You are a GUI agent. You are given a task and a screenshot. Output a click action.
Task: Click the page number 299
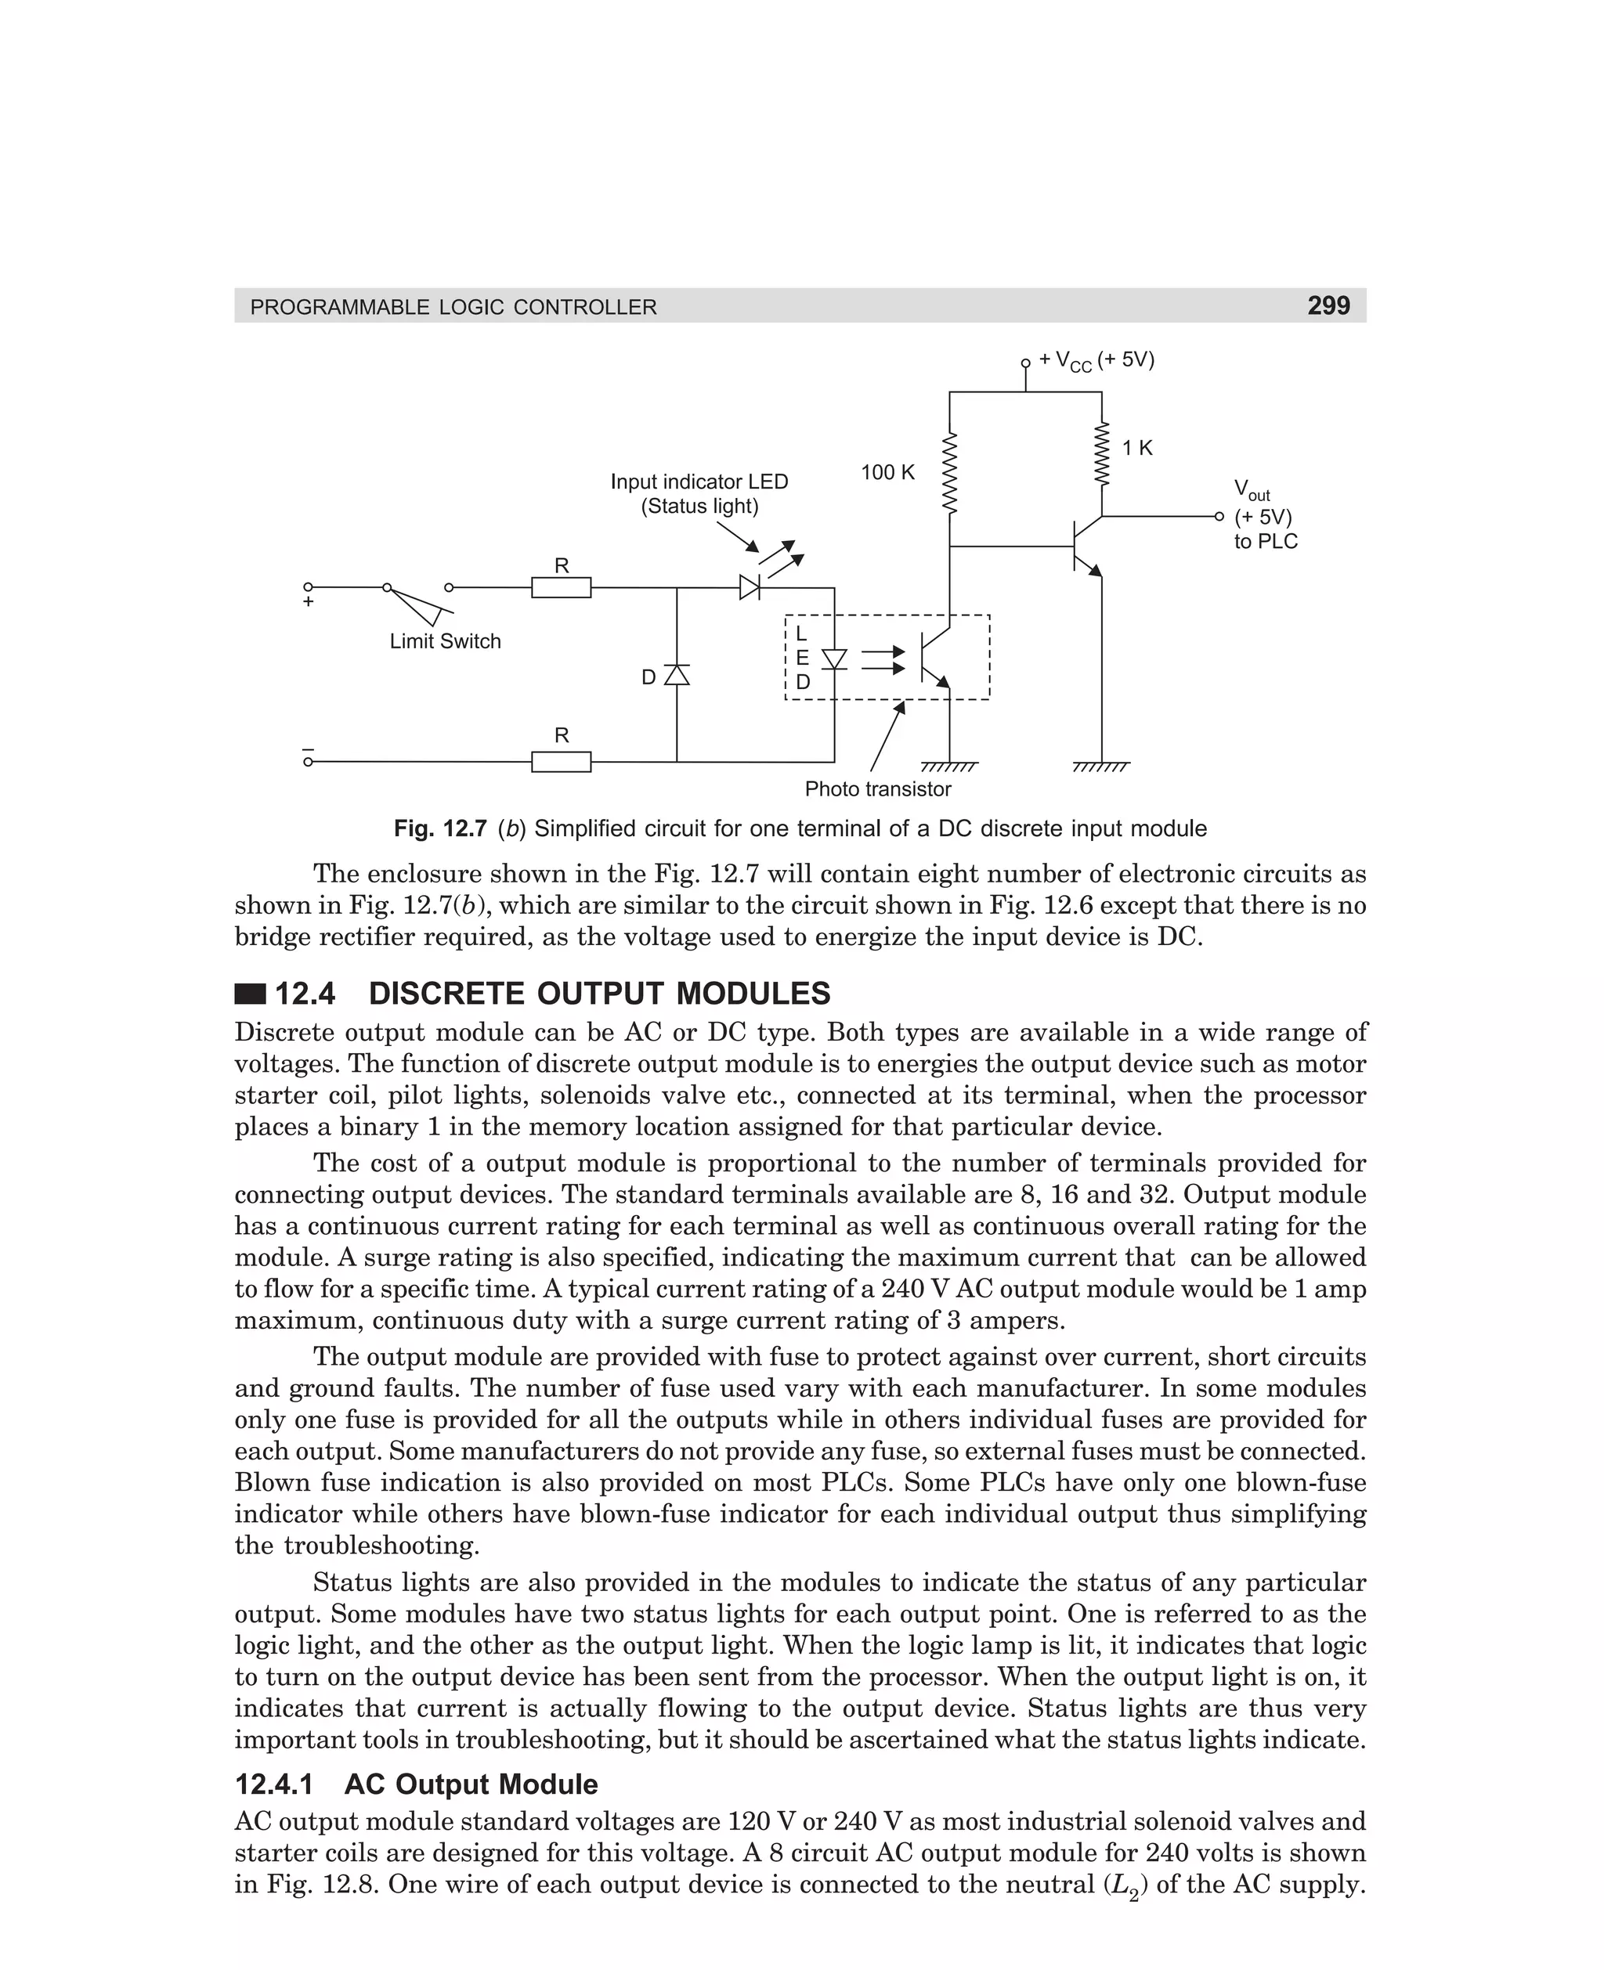[x=1328, y=305]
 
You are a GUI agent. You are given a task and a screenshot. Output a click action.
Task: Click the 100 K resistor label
[x=887, y=473]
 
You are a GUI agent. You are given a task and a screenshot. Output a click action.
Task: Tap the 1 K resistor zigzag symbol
[x=1101, y=453]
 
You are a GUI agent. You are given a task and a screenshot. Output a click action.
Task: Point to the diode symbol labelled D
[x=677, y=675]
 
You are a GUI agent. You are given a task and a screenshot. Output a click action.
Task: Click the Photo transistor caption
[x=877, y=788]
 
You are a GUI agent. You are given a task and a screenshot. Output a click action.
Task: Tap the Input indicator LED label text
[x=699, y=482]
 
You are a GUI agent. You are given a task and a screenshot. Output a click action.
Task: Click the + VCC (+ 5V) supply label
[x=1096, y=360]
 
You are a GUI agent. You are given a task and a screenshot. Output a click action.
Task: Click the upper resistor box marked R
[x=561, y=587]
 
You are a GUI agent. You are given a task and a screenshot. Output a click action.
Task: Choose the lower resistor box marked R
[x=561, y=762]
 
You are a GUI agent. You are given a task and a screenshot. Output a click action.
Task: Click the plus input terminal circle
[x=309, y=587]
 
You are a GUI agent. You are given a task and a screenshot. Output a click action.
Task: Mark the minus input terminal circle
[x=309, y=762]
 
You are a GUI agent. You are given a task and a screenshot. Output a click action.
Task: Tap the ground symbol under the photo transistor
[x=949, y=766]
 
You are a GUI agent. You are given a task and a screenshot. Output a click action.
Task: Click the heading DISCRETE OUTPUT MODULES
[x=598, y=994]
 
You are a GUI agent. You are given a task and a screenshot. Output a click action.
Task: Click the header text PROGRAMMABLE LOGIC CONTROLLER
[x=453, y=308]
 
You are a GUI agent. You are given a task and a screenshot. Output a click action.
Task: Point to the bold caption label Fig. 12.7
[x=440, y=828]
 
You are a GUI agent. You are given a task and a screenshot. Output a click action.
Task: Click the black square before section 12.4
[x=250, y=994]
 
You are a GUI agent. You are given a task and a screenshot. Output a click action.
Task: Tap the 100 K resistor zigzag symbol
[x=949, y=473]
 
